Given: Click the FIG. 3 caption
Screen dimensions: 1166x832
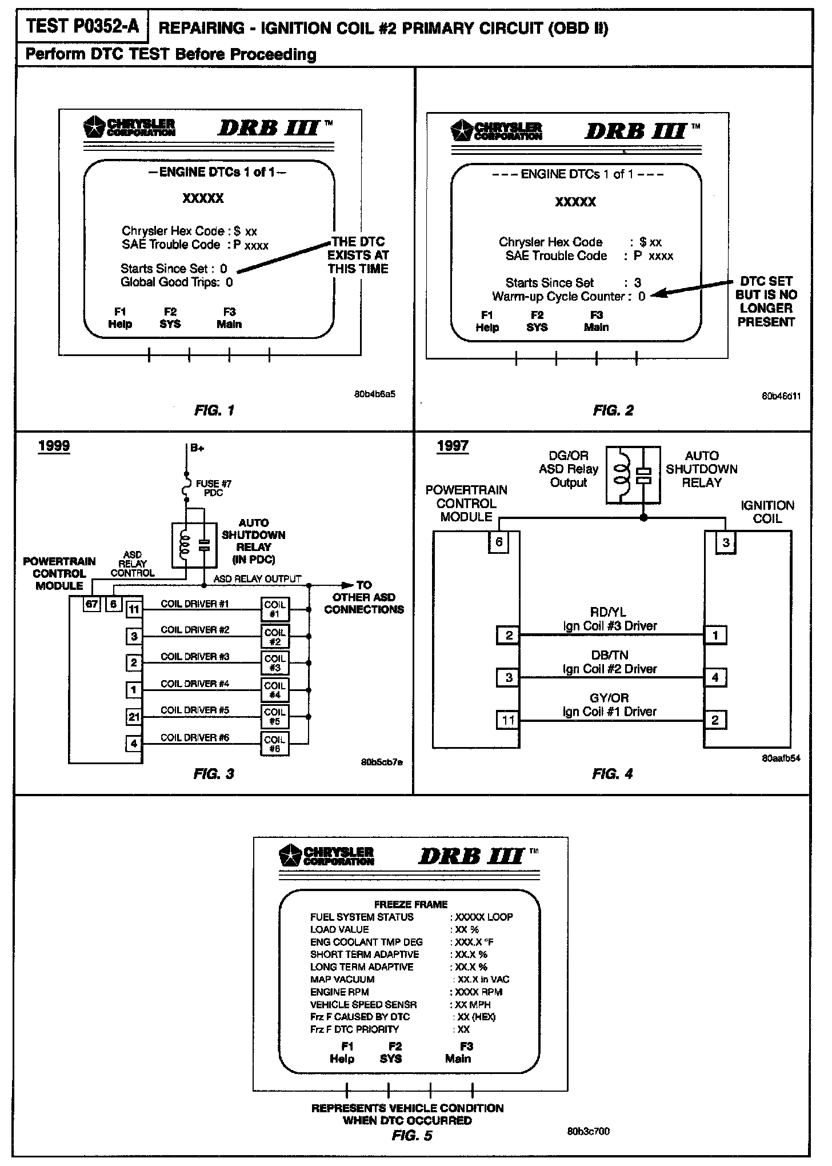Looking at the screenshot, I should click(214, 774).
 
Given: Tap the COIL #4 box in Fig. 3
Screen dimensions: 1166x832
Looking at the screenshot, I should click(275, 690).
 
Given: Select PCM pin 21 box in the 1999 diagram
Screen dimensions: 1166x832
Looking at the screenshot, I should click(134, 717).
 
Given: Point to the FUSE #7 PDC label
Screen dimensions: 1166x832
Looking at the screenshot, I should click(213, 488).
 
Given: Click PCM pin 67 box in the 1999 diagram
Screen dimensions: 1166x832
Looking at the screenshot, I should click(91, 604).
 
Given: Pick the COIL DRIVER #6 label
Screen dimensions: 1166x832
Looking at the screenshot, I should click(195, 737).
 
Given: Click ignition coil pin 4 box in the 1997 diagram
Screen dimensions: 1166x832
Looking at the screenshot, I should click(715, 678).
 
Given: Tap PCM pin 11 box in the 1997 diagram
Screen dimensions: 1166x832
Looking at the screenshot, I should click(509, 720).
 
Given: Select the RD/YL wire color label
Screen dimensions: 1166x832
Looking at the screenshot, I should click(610, 613).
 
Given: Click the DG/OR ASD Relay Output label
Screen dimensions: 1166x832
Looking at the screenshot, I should click(569, 469).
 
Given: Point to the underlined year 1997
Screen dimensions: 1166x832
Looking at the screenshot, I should click(453, 446).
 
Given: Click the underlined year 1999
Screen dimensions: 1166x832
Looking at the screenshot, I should click(54, 446).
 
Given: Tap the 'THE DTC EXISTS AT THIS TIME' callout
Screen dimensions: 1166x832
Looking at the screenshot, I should click(358, 255).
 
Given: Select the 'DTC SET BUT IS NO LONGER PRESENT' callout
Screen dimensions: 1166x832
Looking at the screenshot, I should click(766, 301).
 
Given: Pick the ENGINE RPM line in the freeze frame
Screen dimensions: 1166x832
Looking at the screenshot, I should click(339, 992).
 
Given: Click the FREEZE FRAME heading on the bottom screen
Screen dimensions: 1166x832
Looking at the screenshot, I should click(410, 904).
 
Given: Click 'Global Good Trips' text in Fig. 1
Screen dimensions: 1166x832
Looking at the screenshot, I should click(170, 282).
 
